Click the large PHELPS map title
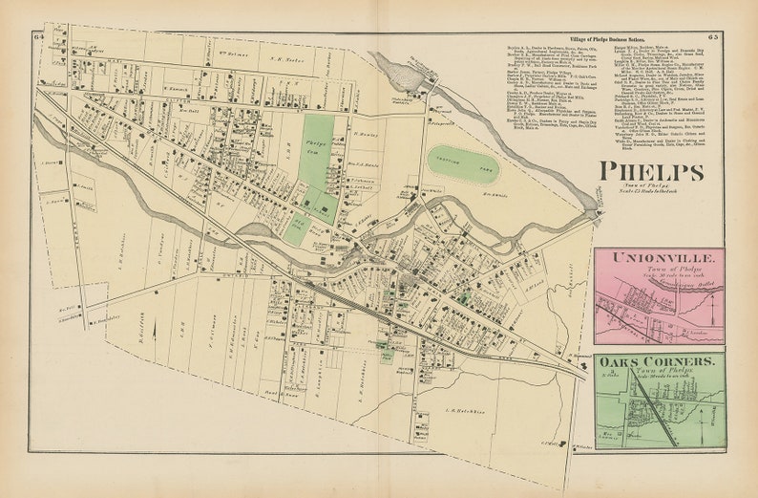coord(652,172)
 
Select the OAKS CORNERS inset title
coord(658,362)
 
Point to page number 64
coord(37,36)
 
